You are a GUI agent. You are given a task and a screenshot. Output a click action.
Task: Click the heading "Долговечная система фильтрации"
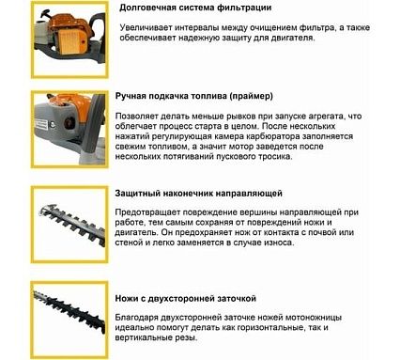click(x=195, y=8)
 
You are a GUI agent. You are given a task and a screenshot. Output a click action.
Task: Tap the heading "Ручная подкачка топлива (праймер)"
click(x=194, y=96)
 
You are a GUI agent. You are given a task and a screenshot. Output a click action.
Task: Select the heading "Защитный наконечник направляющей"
click(x=198, y=194)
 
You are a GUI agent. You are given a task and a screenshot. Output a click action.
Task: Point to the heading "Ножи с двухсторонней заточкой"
click(x=185, y=298)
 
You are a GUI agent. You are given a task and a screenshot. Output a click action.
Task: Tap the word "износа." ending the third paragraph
click(x=278, y=243)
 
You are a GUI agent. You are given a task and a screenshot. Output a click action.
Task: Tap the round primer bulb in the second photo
click(x=69, y=122)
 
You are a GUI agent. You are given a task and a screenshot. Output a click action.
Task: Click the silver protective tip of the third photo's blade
click(x=47, y=209)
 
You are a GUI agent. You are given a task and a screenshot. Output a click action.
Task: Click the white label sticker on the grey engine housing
click(x=41, y=125)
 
